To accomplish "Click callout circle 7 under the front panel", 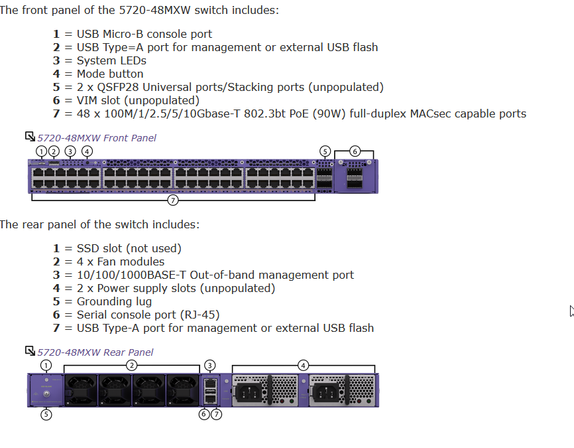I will (172, 199).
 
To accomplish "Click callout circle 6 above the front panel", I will (355, 151).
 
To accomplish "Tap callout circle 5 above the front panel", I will (324, 151).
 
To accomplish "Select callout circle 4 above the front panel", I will (87, 151).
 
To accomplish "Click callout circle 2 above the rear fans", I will (132, 365).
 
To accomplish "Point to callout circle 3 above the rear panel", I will (210, 365).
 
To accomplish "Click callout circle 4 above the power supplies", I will (303, 365).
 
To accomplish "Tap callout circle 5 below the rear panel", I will (46, 414).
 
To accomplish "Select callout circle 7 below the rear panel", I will (216, 414).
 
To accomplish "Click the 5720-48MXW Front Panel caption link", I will (97, 138).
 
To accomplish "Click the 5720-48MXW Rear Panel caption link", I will (95, 352).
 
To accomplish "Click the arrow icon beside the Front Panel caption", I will (30, 137).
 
